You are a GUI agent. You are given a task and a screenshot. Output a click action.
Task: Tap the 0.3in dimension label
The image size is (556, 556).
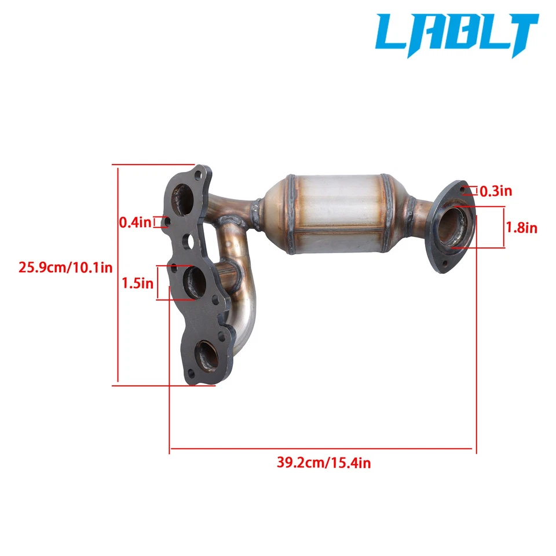coord(495,191)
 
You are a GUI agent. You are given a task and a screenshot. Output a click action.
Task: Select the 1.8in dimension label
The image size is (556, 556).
coord(521,228)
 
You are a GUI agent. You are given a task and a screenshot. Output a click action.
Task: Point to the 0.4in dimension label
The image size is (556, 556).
coord(135,221)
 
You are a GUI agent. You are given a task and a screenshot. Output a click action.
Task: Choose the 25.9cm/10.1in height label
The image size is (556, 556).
coord(65,268)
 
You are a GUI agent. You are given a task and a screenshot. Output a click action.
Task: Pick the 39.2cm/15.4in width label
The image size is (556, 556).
coord(323,463)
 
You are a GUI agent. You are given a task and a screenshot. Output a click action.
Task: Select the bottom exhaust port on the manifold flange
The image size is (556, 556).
coord(207,355)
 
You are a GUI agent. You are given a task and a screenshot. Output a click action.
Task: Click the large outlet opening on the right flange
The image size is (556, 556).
coord(452,228)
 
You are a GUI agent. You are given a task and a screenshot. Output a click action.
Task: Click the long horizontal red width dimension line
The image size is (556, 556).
coord(323,448)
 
